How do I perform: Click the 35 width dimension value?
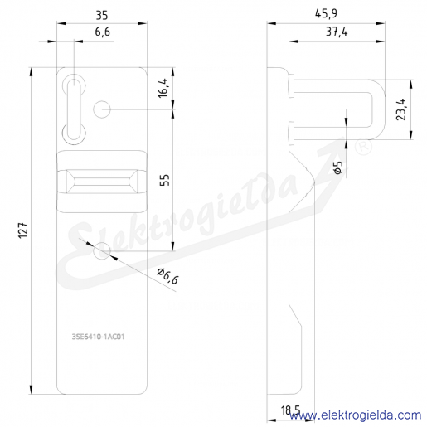102,15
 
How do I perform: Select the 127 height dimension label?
23,229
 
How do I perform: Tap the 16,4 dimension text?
163,88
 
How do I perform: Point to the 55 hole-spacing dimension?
165,180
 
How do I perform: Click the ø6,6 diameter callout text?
168,276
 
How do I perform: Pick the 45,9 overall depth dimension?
326,13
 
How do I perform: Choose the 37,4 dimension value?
337,32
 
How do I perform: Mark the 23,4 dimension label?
401,109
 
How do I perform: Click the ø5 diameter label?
338,167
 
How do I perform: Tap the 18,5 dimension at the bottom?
290,410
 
